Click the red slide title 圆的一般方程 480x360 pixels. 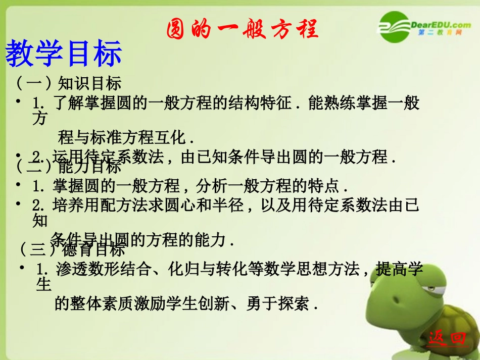tap(243, 29)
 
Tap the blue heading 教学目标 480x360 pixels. tap(64, 54)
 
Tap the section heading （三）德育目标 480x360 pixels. tap(72, 249)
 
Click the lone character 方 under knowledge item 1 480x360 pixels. tap(39, 119)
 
